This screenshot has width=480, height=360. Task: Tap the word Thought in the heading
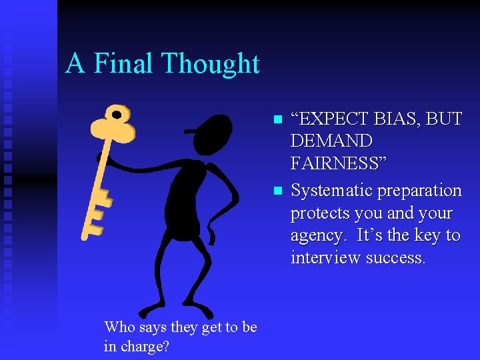[211, 64]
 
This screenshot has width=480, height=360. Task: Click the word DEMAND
[331, 141]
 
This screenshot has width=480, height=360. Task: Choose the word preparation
[419, 191]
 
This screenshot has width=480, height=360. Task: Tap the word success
[398, 258]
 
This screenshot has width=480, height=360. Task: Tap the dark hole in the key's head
[117, 115]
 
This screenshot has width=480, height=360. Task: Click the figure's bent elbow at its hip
[234, 200]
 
